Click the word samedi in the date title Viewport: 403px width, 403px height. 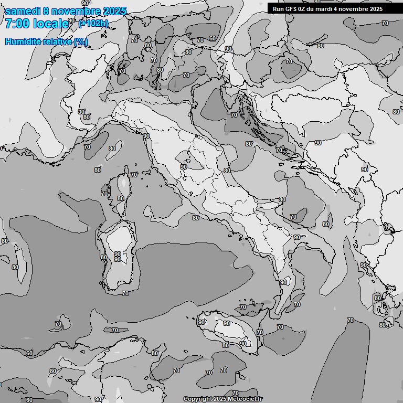pos(23,11)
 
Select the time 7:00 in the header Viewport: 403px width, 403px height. pos(18,24)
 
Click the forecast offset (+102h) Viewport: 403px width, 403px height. pos(93,23)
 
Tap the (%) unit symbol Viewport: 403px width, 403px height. pos(81,42)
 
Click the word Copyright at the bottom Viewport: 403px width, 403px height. pos(197,399)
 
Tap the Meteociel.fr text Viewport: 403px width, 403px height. pos(246,399)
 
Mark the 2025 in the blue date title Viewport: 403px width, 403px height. pos(114,11)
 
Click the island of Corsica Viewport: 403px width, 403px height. pos(121,192)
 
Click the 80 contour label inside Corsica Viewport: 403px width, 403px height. pos(121,198)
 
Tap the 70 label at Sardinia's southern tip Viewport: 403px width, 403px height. pos(125,293)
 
